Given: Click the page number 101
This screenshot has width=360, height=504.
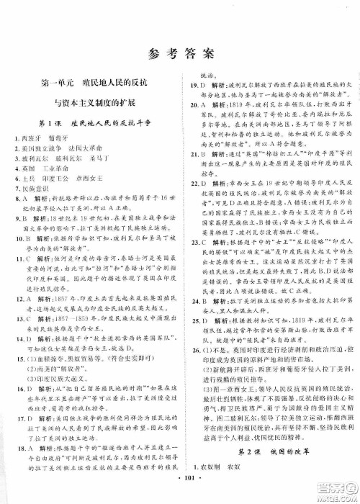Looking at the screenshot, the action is [180, 492].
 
